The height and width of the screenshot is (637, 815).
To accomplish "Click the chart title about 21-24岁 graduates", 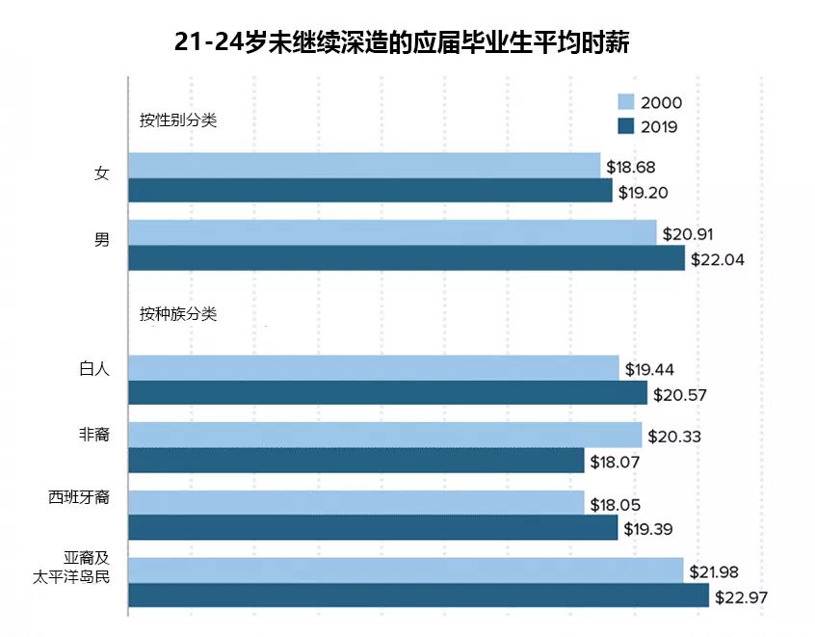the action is click(x=402, y=42).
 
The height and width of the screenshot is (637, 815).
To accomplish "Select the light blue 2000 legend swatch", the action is click(x=626, y=102).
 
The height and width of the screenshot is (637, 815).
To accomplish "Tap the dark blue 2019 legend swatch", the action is click(x=626, y=126).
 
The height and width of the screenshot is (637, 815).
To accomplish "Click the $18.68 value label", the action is click(x=630, y=167).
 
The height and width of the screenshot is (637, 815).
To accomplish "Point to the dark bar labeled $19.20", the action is click(x=370, y=190).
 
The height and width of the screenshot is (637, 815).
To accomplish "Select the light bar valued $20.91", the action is click(x=392, y=232).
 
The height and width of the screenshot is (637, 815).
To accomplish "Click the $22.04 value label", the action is click(x=718, y=259).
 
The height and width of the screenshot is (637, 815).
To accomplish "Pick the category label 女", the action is click(x=102, y=173).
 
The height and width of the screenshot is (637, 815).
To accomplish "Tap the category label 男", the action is click(x=102, y=240).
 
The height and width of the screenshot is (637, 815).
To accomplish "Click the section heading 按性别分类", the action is click(x=178, y=120).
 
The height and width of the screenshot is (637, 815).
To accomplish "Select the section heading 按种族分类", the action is click(x=178, y=313).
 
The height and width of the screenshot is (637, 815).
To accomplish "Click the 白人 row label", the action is click(x=94, y=369).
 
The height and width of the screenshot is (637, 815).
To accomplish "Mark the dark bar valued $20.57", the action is click(x=387, y=392).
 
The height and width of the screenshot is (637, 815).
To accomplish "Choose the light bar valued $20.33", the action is click(x=385, y=435).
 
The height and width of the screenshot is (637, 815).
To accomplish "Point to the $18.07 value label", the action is click(x=615, y=462).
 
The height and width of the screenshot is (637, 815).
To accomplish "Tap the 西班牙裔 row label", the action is click(x=79, y=497).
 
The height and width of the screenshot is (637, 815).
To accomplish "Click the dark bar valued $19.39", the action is click(x=373, y=527).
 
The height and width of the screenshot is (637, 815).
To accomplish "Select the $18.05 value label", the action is click(x=615, y=505).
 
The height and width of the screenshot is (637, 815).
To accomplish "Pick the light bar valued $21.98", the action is click(x=406, y=571).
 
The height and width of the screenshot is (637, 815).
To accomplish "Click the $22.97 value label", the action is click(x=741, y=597).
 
